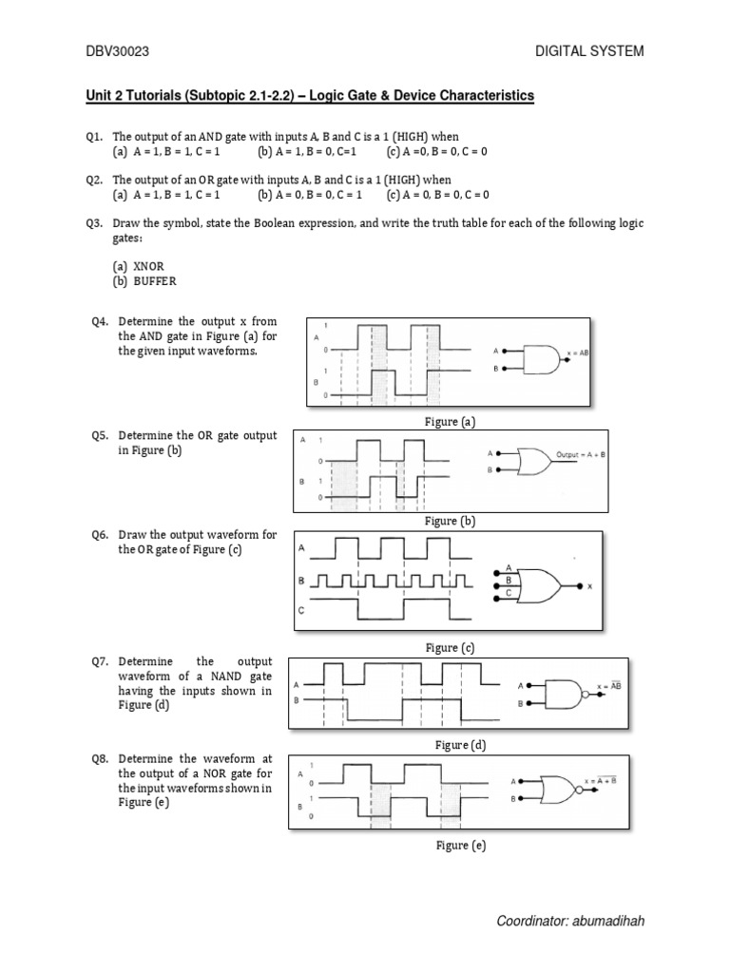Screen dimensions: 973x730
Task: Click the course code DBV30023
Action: [116, 51]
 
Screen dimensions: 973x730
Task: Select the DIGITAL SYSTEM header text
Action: [590, 51]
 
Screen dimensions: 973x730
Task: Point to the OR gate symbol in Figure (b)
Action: [535, 461]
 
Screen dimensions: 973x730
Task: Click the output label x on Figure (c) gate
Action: [590, 586]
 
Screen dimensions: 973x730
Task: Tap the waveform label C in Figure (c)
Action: [301, 612]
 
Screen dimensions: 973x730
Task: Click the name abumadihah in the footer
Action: [606, 922]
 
